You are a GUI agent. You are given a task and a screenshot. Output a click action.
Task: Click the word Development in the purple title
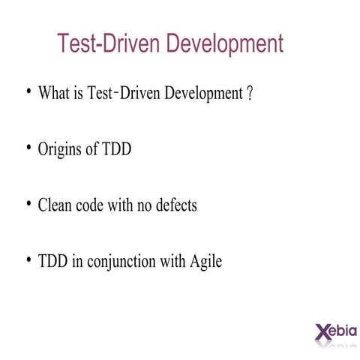pyautogui.click(x=225, y=43)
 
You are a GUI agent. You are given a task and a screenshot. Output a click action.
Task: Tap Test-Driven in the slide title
pyautogui.click(x=109, y=43)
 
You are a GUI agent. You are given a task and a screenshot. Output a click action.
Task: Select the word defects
pyautogui.click(x=175, y=205)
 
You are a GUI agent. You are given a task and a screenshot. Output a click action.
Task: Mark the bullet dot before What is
pyautogui.click(x=28, y=91)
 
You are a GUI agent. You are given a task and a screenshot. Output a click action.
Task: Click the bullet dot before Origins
pyautogui.click(x=28, y=146)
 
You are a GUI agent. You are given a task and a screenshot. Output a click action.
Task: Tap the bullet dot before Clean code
pyautogui.click(x=28, y=202)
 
